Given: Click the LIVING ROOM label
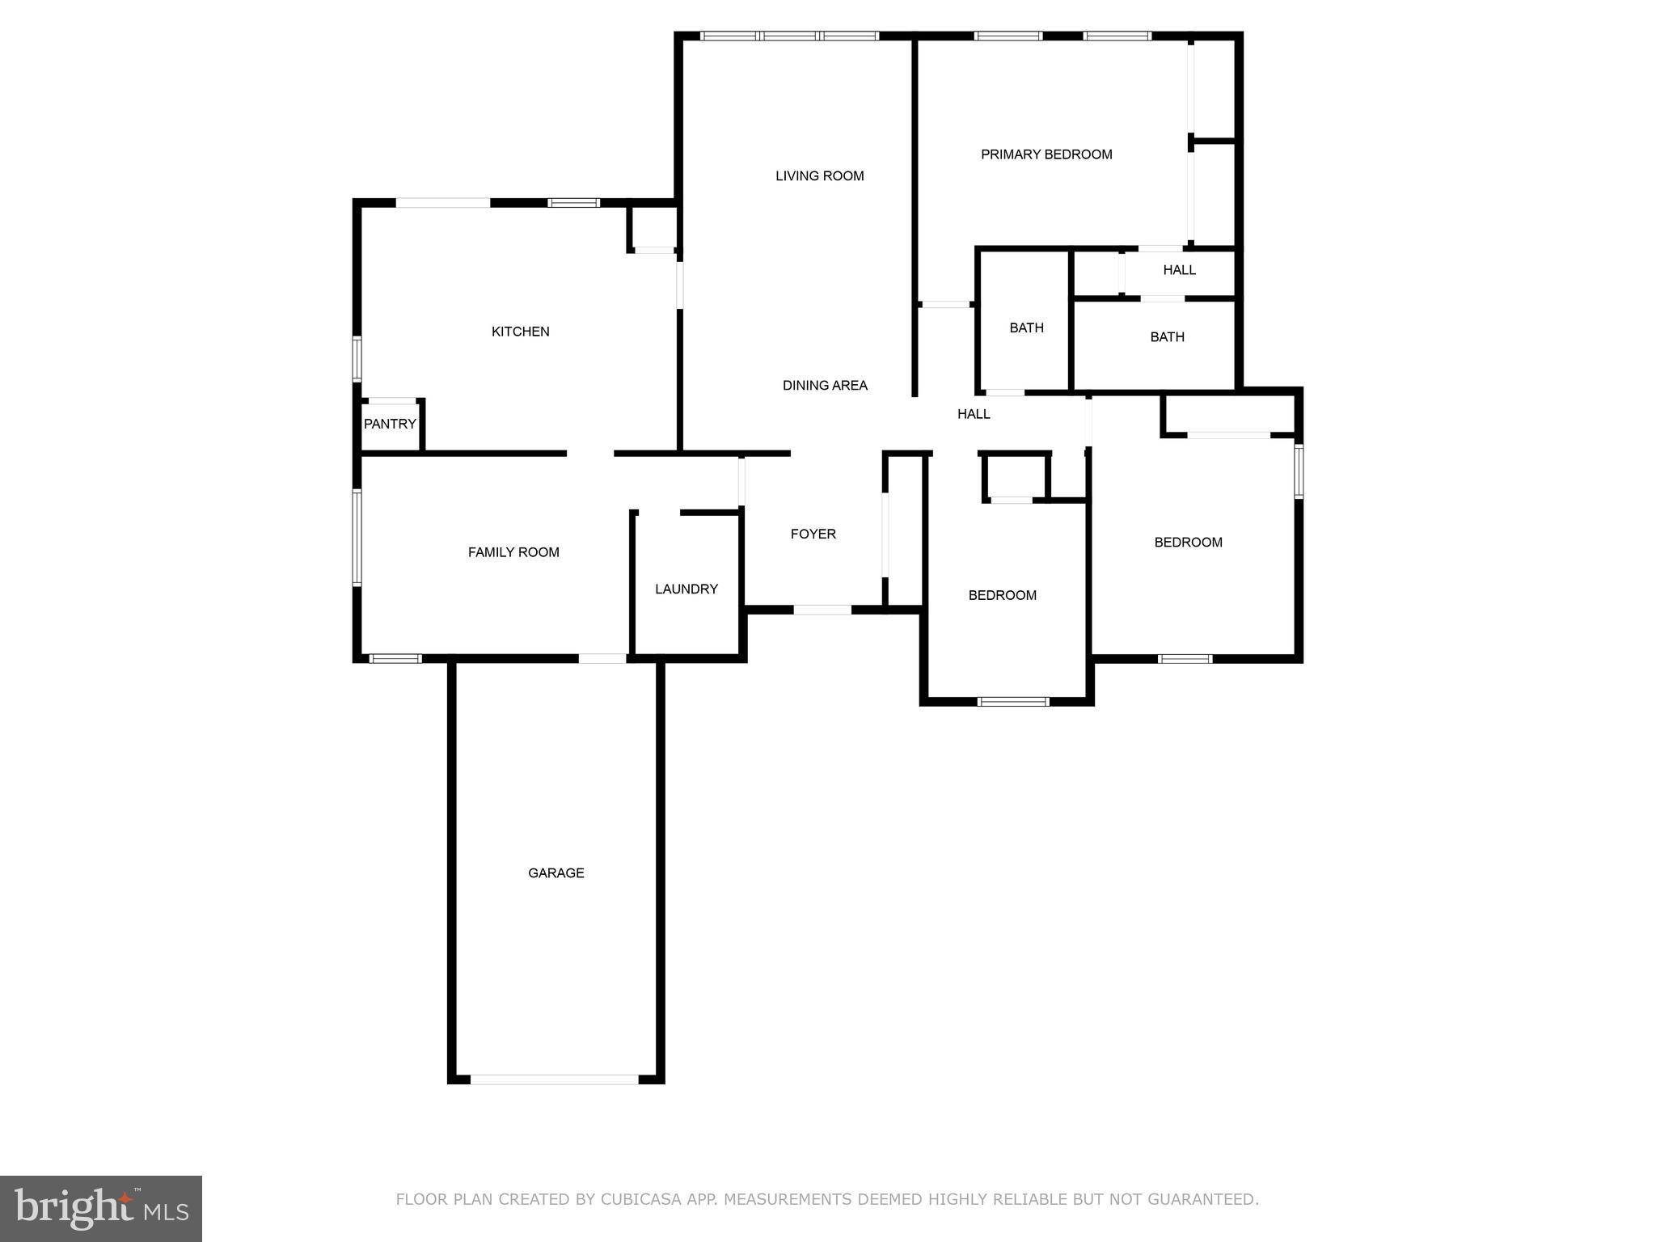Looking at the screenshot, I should [819, 175].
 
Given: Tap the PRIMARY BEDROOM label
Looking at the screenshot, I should [1046, 154].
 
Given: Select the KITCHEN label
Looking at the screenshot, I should [520, 332].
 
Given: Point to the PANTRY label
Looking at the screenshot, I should [390, 424].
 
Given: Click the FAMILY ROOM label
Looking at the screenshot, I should [513, 552].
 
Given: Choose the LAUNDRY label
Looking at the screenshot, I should [686, 589].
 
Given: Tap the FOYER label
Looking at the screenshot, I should [813, 534].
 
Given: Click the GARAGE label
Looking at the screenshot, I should [556, 872].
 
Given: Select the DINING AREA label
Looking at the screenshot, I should [825, 386].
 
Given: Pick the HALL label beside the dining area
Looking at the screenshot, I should [974, 414].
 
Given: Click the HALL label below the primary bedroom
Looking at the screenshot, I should [1179, 270].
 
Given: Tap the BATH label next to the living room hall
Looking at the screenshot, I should [1026, 327].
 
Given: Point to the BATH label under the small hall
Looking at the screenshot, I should [1167, 336].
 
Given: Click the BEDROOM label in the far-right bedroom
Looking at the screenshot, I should [1188, 543].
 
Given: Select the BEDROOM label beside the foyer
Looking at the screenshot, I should [1002, 595].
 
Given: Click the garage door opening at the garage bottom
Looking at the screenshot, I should [555, 1079].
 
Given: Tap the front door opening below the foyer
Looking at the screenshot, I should [822, 609].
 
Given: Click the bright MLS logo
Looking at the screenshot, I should [101, 1208].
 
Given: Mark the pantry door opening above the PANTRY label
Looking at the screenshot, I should [392, 401].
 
